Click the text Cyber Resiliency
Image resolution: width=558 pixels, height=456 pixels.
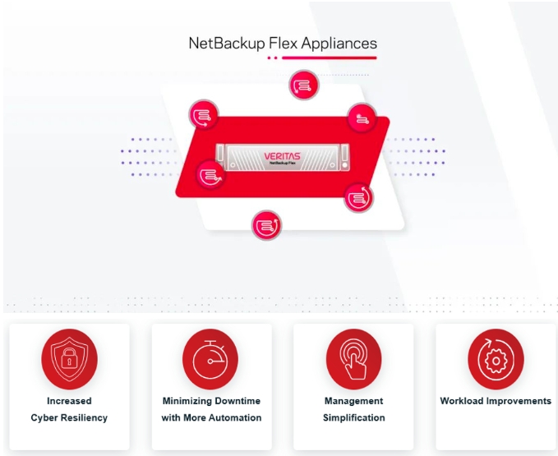(69, 417)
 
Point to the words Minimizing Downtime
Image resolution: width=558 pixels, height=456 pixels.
(211, 401)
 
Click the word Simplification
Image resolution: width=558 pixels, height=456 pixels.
(353, 417)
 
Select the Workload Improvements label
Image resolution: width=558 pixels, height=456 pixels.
(496, 401)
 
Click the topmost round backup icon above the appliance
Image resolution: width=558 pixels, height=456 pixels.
(303, 85)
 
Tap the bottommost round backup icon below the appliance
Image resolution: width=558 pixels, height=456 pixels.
(266, 224)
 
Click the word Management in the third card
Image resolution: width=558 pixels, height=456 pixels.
(353, 401)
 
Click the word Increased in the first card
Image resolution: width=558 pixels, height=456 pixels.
(69, 401)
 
